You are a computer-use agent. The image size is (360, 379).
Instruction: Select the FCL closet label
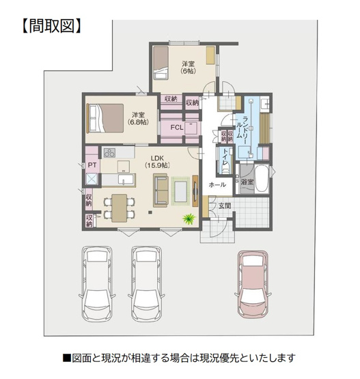[176, 128]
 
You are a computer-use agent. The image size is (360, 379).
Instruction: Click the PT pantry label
[91, 165]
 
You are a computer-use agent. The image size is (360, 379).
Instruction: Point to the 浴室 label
[247, 182]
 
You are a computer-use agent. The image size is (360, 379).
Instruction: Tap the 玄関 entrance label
[224, 205]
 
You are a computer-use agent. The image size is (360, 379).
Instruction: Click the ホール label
[217, 184]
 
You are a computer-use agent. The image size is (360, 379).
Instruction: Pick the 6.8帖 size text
[139, 123]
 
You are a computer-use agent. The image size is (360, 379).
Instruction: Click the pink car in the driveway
[253, 282]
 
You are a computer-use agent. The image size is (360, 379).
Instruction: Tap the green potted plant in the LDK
[187, 219]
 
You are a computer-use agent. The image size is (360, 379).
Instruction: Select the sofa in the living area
[161, 189]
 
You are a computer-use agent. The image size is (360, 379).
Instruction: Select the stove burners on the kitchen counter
[109, 152]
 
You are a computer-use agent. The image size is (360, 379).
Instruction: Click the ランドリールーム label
[244, 129]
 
